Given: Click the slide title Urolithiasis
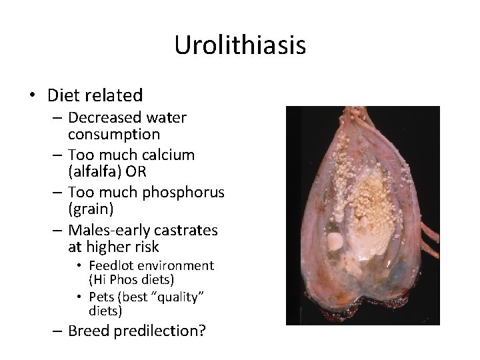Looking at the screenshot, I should pyautogui.click(x=240, y=45).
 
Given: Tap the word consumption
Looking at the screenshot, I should pyautogui.click(x=113, y=134).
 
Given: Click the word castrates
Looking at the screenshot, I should pyautogui.click(x=180, y=230).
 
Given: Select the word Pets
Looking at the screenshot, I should pyautogui.click(x=101, y=297).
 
